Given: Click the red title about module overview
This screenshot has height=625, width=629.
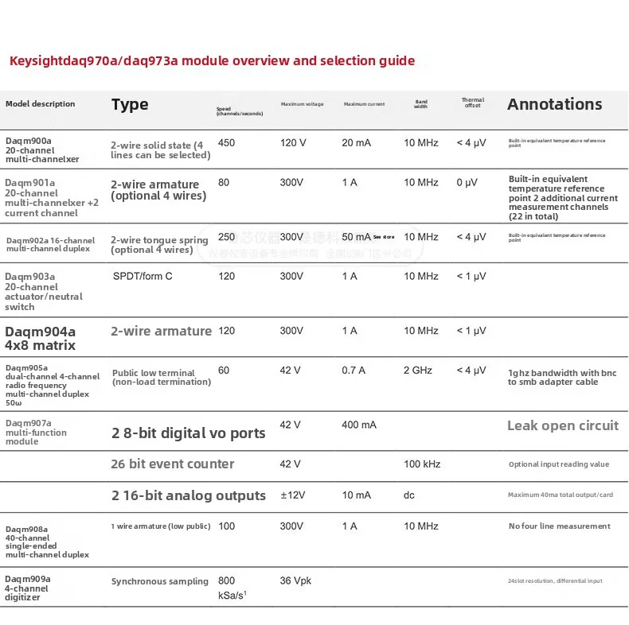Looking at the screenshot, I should tap(212, 60).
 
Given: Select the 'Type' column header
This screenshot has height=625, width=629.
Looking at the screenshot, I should tap(130, 104).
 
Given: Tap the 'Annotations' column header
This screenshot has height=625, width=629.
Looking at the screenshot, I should tap(554, 104).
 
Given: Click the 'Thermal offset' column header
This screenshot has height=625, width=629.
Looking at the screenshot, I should tap(472, 103).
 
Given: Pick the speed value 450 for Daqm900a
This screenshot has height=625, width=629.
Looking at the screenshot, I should tap(226, 143).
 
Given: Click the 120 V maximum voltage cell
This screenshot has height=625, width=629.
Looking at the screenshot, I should tap(293, 143).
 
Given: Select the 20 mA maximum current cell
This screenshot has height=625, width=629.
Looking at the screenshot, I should tap(356, 143).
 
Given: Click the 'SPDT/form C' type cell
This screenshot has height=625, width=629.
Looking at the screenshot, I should tap(143, 276).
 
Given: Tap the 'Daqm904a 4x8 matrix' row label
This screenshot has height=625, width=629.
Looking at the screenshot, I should tap(41, 338).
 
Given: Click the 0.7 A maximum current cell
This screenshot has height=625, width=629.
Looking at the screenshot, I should tap(354, 371).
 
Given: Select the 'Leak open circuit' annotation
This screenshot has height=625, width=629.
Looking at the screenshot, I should tap(562, 425).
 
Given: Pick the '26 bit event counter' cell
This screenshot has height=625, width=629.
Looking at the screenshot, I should tap(172, 464).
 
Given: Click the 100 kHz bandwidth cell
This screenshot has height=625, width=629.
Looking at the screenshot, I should tap(423, 464).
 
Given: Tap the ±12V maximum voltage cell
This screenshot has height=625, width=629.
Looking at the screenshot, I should tap(294, 495).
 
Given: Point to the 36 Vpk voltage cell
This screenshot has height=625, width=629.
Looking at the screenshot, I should tap(296, 581).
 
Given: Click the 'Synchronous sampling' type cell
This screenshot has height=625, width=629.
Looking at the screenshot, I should tap(159, 581).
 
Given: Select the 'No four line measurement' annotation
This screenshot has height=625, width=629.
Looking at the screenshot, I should tap(559, 526).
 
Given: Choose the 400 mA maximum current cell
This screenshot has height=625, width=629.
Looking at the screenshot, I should tap(358, 425).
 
